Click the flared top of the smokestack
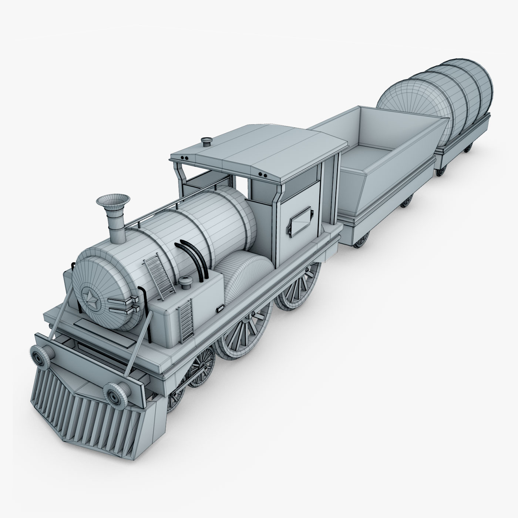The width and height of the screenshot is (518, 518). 113,201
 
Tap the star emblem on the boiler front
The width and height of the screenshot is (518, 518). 91,296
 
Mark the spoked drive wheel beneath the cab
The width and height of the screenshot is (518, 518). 298,287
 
